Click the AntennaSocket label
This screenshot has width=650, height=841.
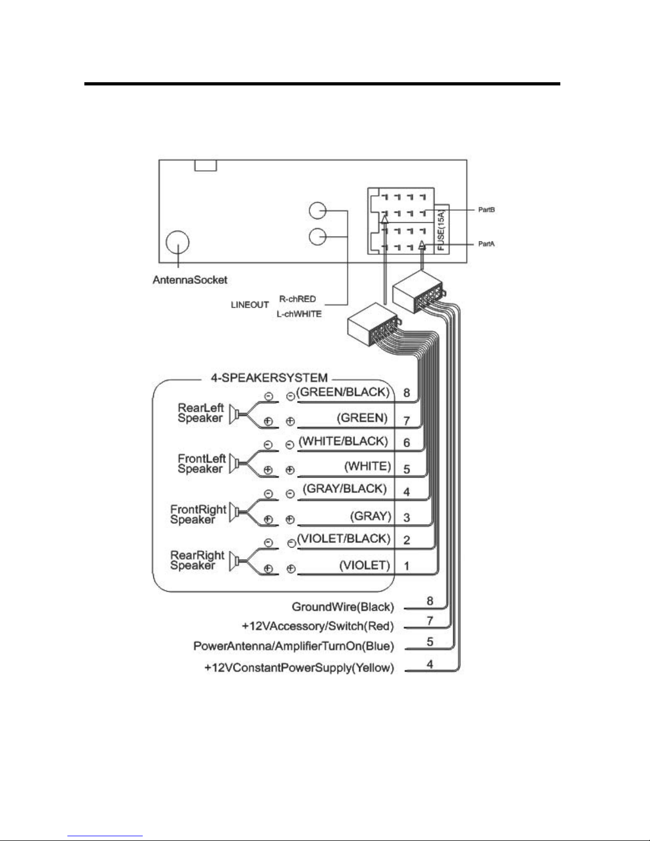click(190, 280)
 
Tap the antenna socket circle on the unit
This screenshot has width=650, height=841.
click(178, 242)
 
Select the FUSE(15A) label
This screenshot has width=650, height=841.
click(441, 230)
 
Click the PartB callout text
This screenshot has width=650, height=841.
click(487, 210)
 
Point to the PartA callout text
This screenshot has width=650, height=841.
click(487, 244)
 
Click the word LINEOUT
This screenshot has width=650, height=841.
click(250, 305)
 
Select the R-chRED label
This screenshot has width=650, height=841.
click(298, 299)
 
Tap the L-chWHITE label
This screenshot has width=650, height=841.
click(299, 314)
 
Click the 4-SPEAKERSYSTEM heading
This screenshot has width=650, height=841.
click(270, 378)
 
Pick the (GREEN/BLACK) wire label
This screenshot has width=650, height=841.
click(343, 392)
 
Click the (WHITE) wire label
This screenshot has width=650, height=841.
click(368, 466)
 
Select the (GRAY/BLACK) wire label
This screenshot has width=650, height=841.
click(345, 489)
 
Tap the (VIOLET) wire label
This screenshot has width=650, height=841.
click(365, 566)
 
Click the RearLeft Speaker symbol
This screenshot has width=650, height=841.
click(237, 414)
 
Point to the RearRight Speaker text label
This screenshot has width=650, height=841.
click(197, 560)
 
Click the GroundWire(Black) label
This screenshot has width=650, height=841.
click(343, 607)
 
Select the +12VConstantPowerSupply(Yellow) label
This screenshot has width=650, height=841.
click(299, 667)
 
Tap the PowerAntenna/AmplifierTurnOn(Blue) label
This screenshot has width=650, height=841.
click(293, 646)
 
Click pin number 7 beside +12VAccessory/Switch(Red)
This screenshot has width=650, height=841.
click(430, 621)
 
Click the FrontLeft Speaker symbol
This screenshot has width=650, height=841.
click(237, 464)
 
